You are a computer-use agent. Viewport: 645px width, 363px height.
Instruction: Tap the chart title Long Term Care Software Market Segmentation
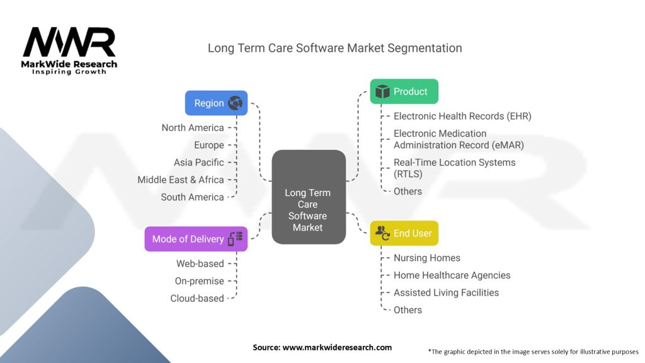pos(334,48)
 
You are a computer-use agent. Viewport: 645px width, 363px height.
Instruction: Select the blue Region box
pos(216,103)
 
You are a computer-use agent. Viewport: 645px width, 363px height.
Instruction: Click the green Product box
pos(404,91)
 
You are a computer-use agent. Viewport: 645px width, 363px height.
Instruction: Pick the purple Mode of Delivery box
pos(196,239)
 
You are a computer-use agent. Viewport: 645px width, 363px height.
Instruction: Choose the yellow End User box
pos(404,233)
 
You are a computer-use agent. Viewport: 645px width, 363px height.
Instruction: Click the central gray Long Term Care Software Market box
pos(309,197)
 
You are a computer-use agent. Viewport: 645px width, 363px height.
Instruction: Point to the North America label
pos(193,127)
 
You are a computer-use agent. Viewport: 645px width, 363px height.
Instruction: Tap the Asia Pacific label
pos(199,162)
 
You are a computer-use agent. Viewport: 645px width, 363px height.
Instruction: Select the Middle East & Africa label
pos(181,180)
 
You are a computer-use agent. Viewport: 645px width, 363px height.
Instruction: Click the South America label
pos(192,197)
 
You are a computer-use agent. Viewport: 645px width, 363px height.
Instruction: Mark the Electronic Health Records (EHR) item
pos(462,116)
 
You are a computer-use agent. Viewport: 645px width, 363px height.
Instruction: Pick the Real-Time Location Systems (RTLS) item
pos(454,168)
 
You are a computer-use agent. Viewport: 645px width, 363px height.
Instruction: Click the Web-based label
pos(200,263)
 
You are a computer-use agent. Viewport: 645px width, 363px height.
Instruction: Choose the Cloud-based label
pos(197,298)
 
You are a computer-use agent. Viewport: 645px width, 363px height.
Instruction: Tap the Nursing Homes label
pos(427,258)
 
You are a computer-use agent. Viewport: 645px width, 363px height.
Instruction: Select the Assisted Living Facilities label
pos(446,292)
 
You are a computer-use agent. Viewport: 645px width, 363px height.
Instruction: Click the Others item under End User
pos(408,309)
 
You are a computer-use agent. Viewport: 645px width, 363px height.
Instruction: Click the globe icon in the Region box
pos(235,103)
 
